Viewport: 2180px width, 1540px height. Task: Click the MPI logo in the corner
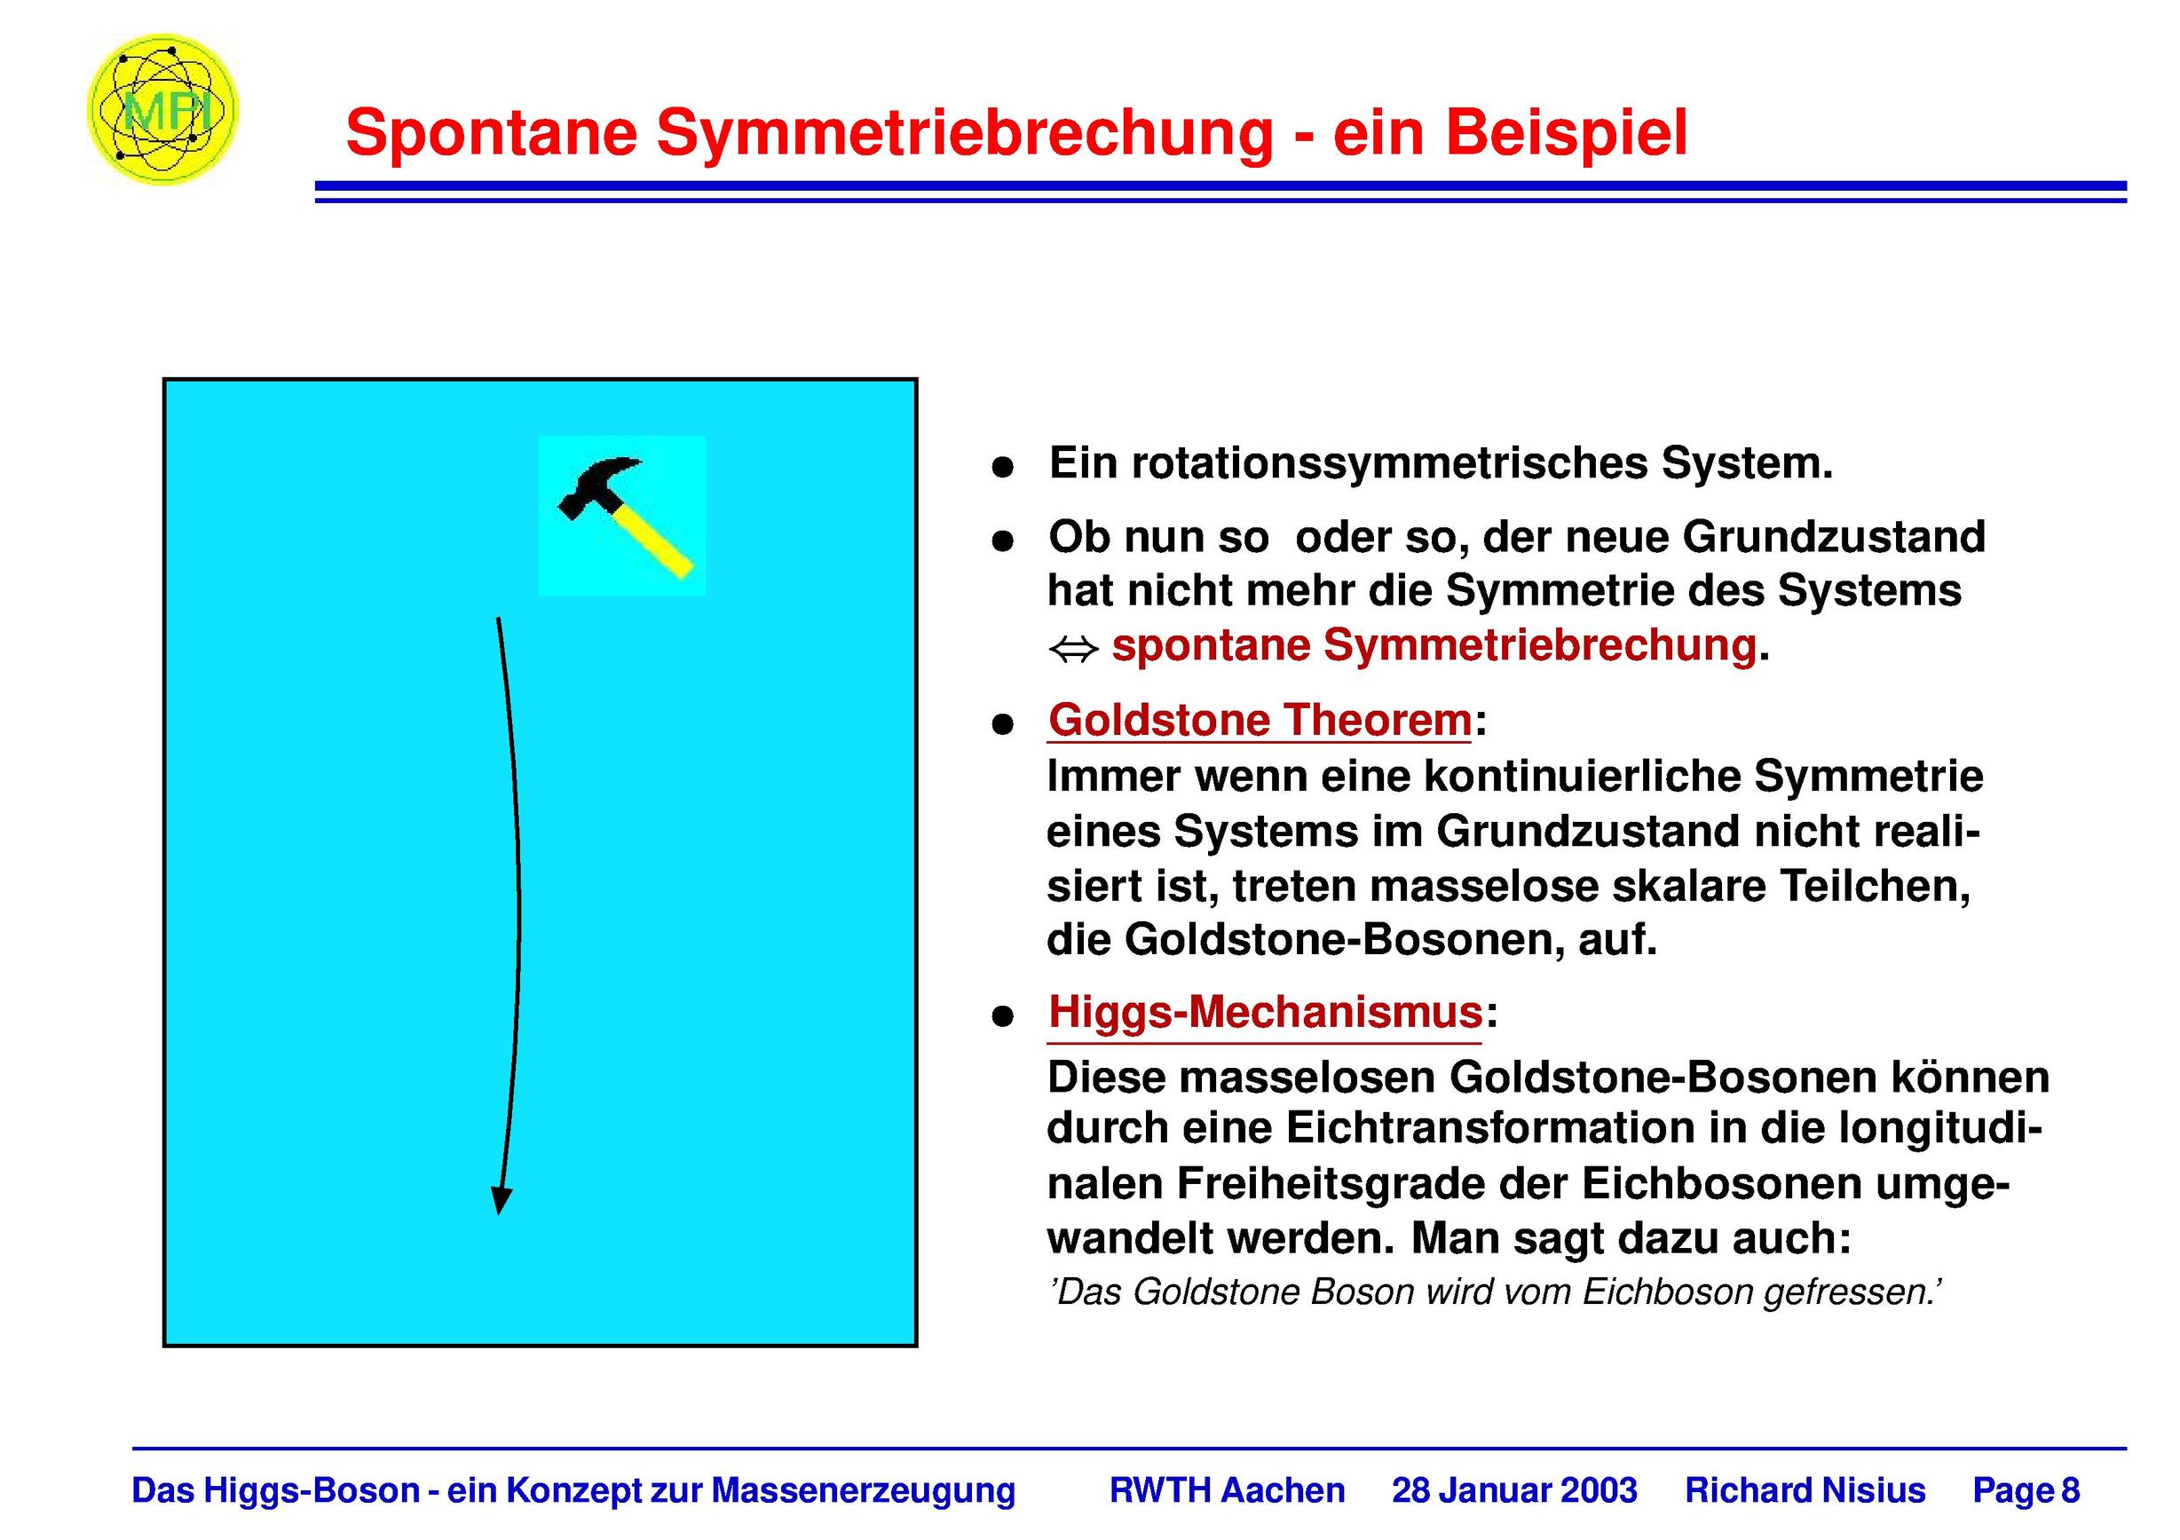click(x=162, y=109)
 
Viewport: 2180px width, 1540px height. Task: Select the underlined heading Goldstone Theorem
click(x=1260, y=720)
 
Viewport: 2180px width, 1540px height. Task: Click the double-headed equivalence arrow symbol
click(x=1073, y=651)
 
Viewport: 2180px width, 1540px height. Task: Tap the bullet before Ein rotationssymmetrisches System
click(x=1003, y=467)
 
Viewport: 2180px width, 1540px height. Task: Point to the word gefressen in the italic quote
click(x=1851, y=1292)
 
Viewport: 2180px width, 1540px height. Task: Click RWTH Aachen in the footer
click(x=1227, y=1489)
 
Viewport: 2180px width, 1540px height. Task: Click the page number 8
click(x=2071, y=1489)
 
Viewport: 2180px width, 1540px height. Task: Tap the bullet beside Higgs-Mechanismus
click(x=1003, y=1017)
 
